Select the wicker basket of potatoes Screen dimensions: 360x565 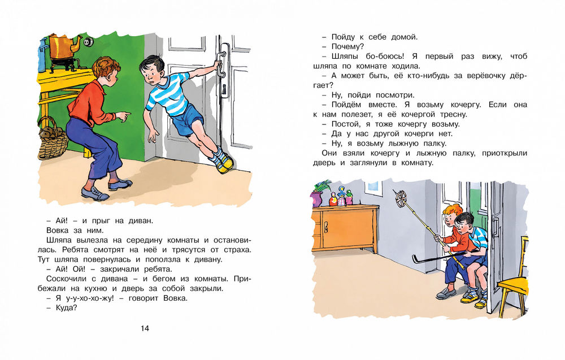pyautogui.click(x=52, y=140)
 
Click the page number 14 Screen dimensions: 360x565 pyautogui.click(x=145, y=328)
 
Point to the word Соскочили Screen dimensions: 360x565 pyautogui.click(x=63, y=277)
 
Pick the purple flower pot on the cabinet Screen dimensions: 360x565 pyautogui.click(x=317, y=198)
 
